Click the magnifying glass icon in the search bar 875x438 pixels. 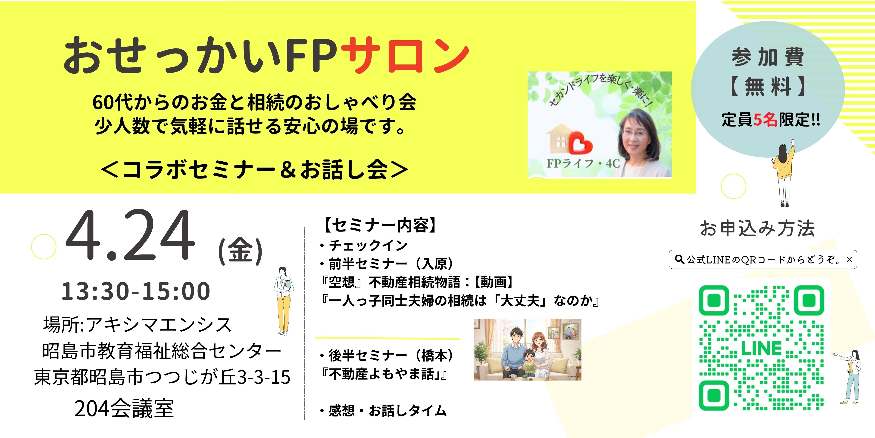(679, 260)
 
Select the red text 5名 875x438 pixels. (765, 120)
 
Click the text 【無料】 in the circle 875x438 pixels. (768, 87)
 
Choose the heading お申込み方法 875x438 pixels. (757, 228)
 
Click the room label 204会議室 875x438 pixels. (124, 408)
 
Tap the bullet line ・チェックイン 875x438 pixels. (363, 245)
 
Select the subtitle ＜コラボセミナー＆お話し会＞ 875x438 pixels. (254, 169)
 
